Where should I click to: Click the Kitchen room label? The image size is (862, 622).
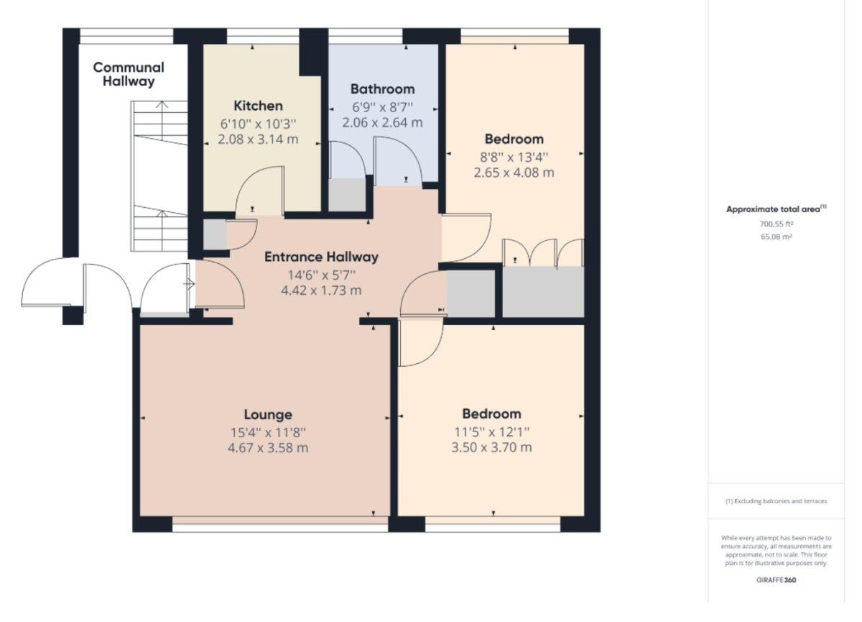pos(258,106)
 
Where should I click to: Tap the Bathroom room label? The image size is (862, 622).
pos(382,89)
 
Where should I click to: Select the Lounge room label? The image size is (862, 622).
pos(268,414)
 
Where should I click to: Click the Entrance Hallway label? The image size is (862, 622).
pos(321,257)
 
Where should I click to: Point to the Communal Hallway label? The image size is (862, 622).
pos(128,74)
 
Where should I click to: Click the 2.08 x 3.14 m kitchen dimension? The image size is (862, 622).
pos(258,139)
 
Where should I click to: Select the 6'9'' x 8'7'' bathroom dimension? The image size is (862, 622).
pos(382,106)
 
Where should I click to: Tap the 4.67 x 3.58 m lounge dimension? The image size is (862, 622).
pos(268,448)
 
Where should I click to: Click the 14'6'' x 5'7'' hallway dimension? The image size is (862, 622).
pos(321,274)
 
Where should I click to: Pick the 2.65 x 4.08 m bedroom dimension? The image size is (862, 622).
pos(514,173)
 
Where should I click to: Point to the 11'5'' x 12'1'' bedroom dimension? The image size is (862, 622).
pos(491,431)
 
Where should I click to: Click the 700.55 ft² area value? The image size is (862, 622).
pos(776,224)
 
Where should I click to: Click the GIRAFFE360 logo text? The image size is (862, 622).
pos(776,579)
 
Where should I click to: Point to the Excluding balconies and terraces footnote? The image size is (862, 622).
pos(776,501)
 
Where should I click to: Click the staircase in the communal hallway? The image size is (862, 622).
pos(159,176)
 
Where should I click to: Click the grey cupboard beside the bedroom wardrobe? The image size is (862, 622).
pos(471,293)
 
